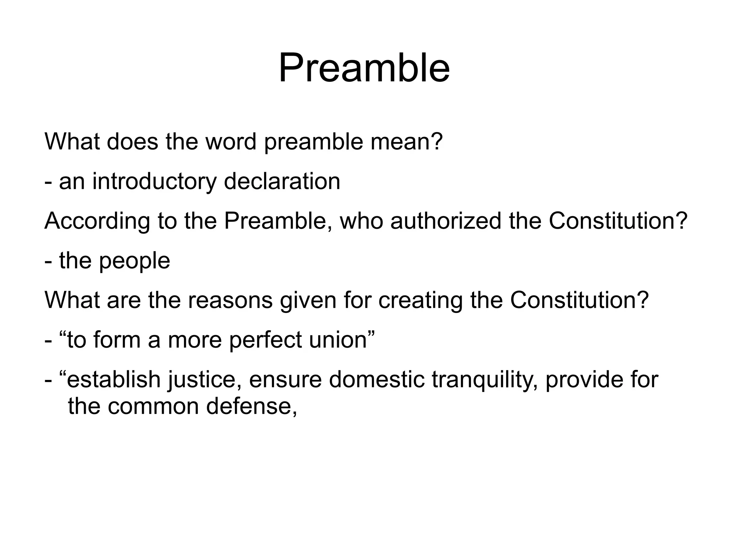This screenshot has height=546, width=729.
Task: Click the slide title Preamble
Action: (364, 68)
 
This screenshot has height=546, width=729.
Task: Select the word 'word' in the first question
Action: (231, 142)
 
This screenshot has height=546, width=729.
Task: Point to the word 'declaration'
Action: (282, 181)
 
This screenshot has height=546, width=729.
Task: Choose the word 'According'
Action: (97, 221)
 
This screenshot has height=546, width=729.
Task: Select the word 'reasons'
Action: (230, 301)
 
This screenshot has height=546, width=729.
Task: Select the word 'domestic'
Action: (377, 380)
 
